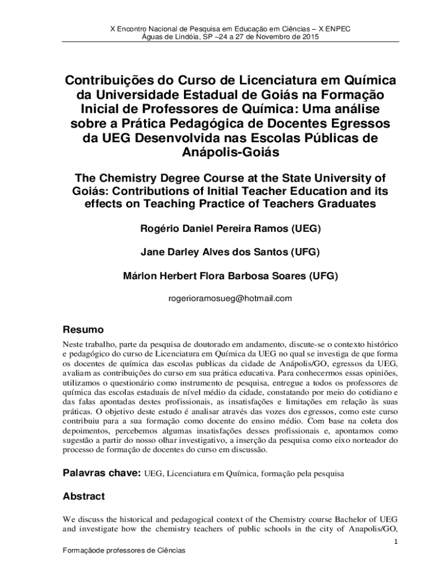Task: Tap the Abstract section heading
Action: pos(83,496)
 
